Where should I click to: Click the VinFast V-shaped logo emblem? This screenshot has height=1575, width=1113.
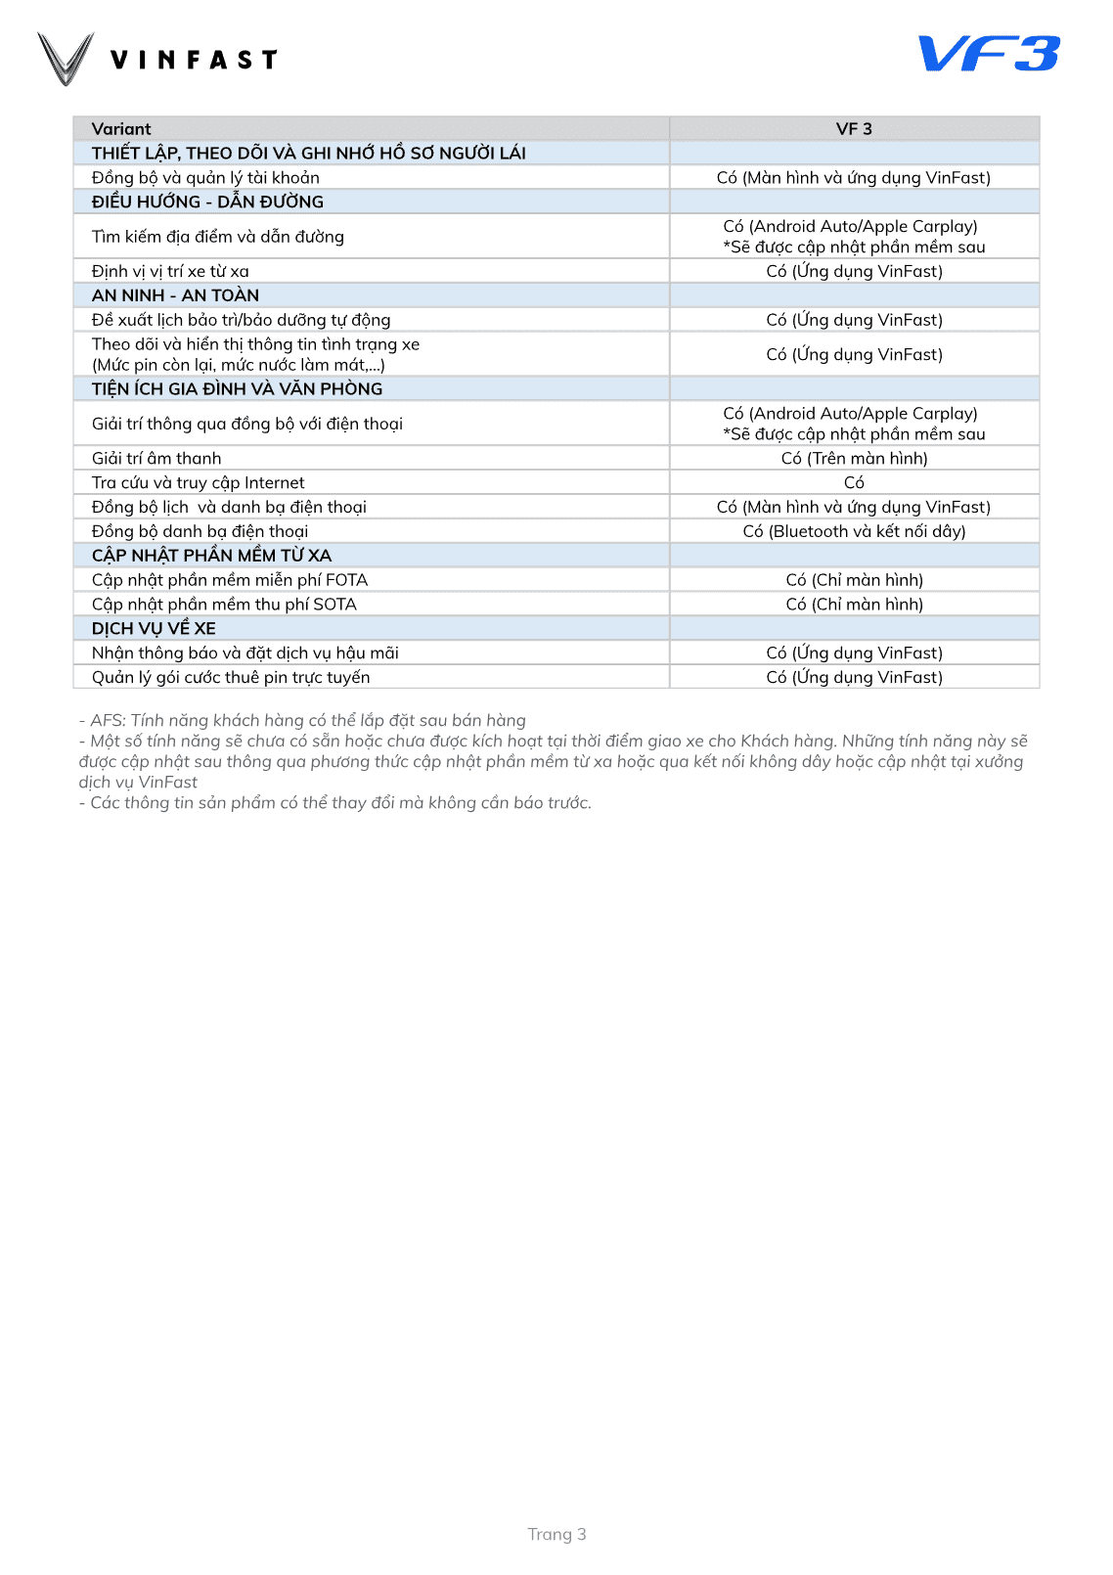pos(66,59)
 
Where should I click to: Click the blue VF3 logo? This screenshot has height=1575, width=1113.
pos(989,54)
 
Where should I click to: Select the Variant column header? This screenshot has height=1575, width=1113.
pos(121,129)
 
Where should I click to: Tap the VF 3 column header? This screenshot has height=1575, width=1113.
pos(854,129)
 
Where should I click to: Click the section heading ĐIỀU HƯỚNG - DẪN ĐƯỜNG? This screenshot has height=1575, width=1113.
pos(207,202)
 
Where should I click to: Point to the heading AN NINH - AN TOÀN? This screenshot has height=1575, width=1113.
pos(175,295)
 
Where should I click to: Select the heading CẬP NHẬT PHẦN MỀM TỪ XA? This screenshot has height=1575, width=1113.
pos(211,556)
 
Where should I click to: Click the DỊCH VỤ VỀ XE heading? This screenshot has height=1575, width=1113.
pos(154,629)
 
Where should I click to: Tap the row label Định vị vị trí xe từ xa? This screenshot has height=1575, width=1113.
pos(170,272)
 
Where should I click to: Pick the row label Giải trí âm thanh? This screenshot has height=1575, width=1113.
pos(156,459)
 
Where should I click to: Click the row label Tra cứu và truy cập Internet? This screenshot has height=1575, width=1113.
pos(198,483)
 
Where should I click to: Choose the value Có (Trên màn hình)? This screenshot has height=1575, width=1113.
pos(854,459)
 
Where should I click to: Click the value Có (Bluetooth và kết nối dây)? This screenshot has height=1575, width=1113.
pos(854,532)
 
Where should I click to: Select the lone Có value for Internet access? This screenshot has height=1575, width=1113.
pos(854,483)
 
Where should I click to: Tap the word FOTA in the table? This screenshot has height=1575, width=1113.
pos(346,580)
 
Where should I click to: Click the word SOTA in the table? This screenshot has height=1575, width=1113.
pos(334,605)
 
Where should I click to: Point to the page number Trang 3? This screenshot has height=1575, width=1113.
pos(556,1534)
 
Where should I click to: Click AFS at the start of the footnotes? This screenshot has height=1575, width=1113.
pos(108,721)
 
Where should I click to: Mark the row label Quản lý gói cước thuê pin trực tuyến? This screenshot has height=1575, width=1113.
pos(231,678)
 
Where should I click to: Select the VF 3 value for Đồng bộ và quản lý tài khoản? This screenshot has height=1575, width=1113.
pos(854,178)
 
